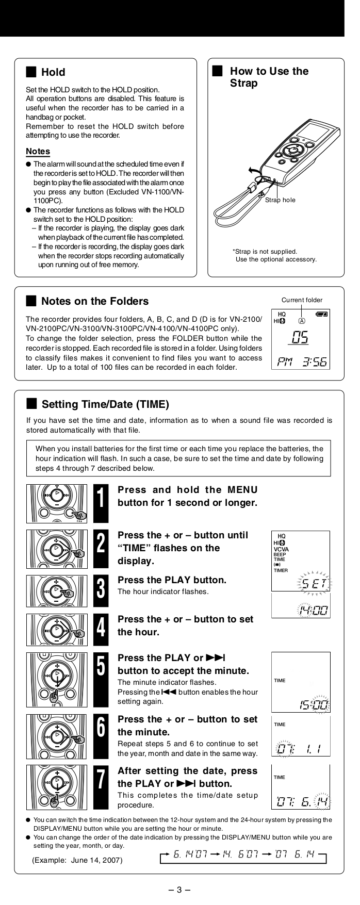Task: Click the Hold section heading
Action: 53,72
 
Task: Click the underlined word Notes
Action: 38,151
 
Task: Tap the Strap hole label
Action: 280,200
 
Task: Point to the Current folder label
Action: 302,300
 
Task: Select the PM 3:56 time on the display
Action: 301,361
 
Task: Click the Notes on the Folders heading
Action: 94,301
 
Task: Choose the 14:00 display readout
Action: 313,611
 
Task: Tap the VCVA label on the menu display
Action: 281,549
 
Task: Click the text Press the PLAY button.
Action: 172,580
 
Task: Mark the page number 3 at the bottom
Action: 179,889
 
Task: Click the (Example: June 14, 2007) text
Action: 77,860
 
